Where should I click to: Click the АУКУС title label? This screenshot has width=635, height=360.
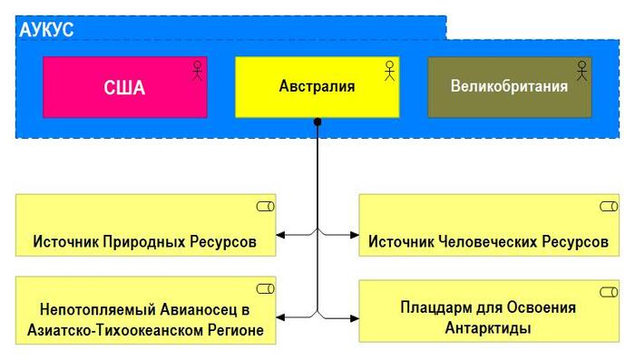click(x=46, y=28)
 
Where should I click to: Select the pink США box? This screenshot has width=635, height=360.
click(x=124, y=87)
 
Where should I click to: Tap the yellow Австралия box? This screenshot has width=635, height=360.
click(x=317, y=87)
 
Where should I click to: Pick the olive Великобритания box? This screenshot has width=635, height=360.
click(x=509, y=87)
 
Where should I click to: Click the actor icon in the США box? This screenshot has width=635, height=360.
click(x=197, y=71)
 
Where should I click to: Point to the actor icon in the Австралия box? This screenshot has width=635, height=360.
click(x=389, y=71)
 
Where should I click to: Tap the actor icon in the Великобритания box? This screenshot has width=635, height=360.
click(x=581, y=71)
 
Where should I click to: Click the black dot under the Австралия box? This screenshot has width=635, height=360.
click(x=317, y=122)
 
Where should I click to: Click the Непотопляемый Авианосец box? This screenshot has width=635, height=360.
click(x=145, y=311)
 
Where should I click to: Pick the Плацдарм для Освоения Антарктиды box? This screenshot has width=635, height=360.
click(x=488, y=311)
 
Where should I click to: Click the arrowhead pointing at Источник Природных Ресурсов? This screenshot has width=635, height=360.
click(x=280, y=236)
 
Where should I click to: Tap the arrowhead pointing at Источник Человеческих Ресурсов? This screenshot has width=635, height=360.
click(x=355, y=236)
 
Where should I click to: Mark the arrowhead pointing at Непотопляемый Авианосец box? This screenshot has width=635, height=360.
click(x=280, y=317)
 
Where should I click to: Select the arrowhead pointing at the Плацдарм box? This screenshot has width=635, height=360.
click(x=355, y=317)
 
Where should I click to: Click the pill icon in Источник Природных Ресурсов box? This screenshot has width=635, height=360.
click(x=265, y=208)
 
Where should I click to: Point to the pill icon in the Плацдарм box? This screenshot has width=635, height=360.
click(x=608, y=289)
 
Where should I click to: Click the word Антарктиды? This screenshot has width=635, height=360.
click(x=487, y=327)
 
